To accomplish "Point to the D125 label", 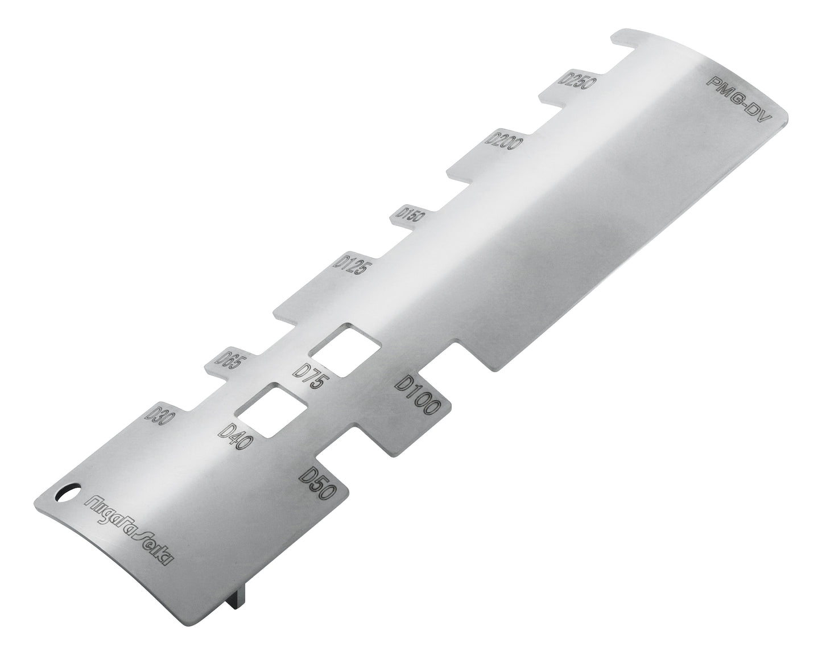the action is point(350,263).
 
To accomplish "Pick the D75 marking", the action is point(312,376).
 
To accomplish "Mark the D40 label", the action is point(236,436).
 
